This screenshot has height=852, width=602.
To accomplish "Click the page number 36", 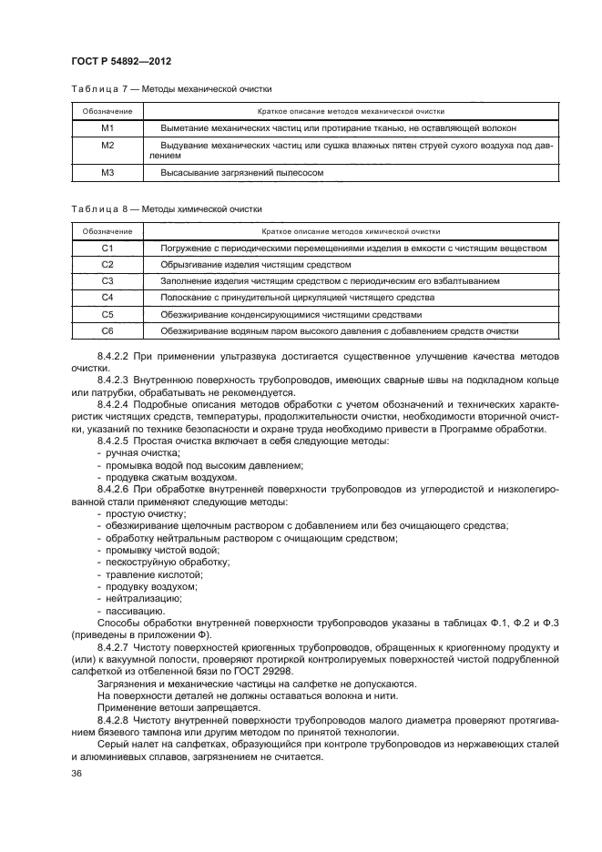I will coord(77,773).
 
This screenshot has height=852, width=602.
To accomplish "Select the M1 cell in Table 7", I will coord(107,128).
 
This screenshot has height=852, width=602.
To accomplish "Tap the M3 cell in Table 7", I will coord(107,172).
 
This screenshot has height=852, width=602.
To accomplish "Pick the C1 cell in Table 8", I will coord(107,248).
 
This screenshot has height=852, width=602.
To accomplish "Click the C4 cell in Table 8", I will coord(107,298).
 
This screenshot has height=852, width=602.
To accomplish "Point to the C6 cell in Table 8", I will coord(107,330).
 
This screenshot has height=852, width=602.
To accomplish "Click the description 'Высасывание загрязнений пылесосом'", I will coord(242,172).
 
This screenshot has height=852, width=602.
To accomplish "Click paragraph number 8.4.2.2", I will coord(115,354).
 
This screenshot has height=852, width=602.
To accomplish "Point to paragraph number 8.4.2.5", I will coord(115,441).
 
